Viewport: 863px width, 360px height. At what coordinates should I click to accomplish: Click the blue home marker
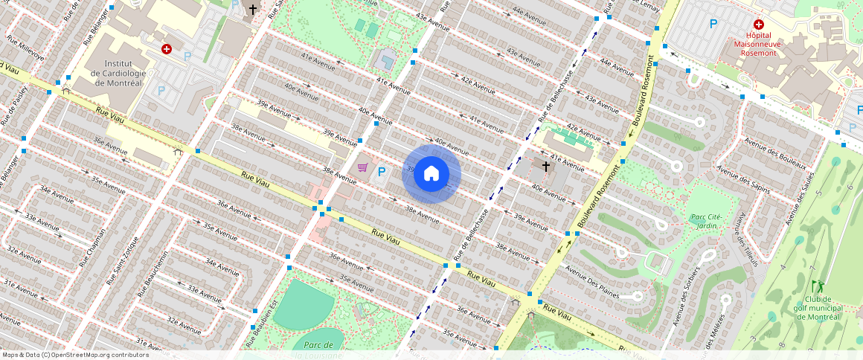click(x=431, y=174)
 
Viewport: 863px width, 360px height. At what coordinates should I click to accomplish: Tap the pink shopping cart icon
click(x=363, y=167)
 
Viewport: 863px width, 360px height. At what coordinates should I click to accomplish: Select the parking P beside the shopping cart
click(x=382, y=173)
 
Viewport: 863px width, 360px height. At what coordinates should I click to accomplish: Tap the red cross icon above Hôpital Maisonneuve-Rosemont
click(x=759, y=25)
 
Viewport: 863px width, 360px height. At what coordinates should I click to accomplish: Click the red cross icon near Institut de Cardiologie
click(x=167, y=49)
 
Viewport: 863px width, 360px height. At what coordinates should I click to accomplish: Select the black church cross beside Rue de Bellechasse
click(x=546, y=167)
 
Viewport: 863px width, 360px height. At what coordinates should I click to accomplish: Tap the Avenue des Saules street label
click(x=801, y=199)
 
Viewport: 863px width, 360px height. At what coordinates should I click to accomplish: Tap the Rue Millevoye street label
click(x=25, y=47)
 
